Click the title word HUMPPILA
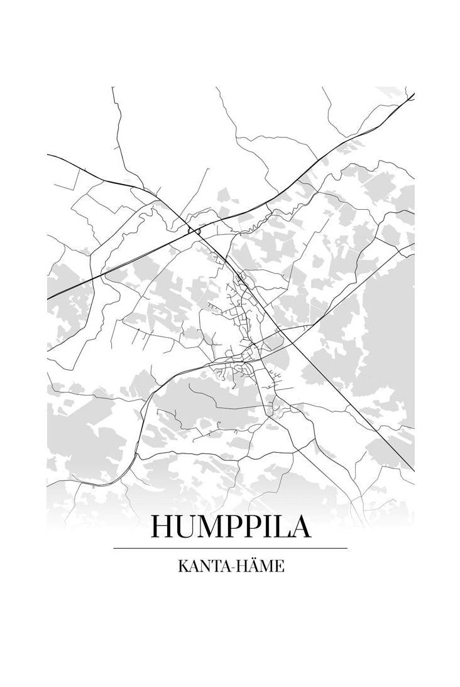[x=230, y=527]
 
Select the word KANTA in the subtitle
[x=200, y=566]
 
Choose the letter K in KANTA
[x=182, y=566]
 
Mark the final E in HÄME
[x=280, y=566]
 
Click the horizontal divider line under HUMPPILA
[x=230, y=548]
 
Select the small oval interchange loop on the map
[x=195, y=231]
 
